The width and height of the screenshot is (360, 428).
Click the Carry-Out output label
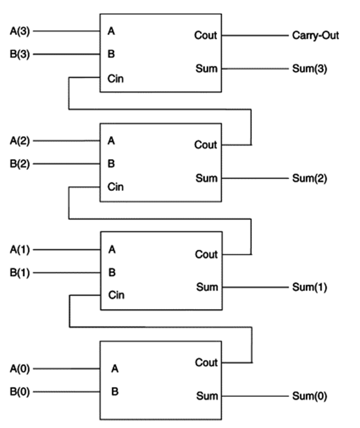click(x=316, y=35)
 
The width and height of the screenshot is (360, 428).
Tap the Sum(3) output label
click(x=309, y=69)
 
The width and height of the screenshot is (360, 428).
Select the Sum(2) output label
click(x=309, y=178)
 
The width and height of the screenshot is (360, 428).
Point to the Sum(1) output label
click(x=309, y=287)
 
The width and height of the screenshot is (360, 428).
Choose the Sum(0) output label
click(x=309, y=396)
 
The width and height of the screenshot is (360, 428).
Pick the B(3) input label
click(x=20, y=54)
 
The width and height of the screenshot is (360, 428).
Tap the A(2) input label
click(x=20, y=141)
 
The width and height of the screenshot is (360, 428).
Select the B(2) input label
click(x=20, y=163)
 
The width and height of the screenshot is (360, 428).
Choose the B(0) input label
click(x=20, y=393)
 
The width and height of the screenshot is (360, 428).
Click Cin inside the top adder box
click(x=116, y=77)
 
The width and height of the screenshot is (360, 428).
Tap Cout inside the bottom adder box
click(x=206, y=363)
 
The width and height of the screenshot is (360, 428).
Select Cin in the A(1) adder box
click(x=116, y=295)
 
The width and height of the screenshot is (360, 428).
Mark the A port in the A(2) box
click(x=112, y=141)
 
